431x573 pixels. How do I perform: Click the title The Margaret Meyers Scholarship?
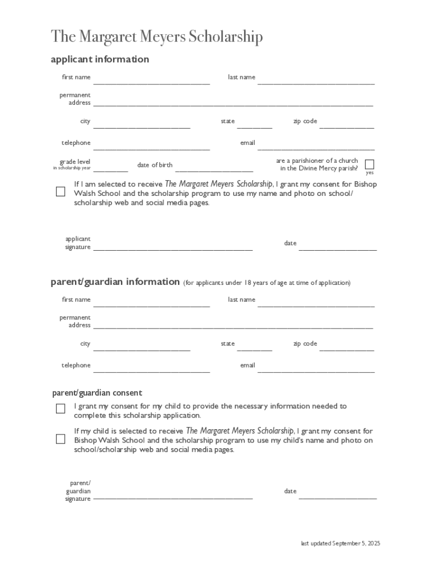[x=157, y=37]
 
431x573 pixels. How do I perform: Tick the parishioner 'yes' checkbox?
[x=369, y=164]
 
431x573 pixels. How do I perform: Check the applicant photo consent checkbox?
[x=60, y=191]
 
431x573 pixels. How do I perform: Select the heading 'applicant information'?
[x=100, y=59]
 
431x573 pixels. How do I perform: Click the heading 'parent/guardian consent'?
[x=97, y=393]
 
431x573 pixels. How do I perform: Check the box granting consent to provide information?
[x=60, y=408]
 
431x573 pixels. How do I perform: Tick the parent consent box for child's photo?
[x=60, y=439]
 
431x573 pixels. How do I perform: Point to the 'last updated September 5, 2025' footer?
[x=340, y=543]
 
